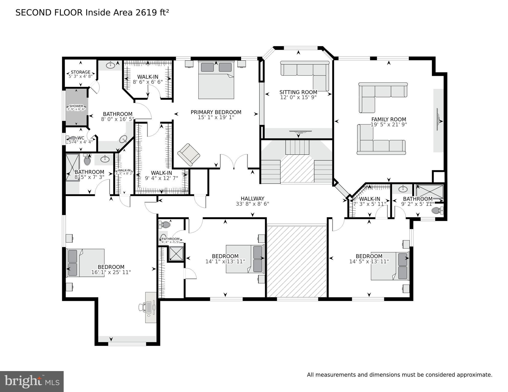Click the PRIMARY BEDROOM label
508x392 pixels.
(x=216, y=112)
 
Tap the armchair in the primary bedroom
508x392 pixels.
(x=189, y=155)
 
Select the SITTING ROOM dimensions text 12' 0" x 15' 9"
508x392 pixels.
(x=298, y=97)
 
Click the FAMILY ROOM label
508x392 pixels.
(x=389, y=119)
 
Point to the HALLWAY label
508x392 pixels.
(x=252, y=198)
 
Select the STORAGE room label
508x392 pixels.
(x=81, y=72)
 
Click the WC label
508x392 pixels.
(x=81, y=138)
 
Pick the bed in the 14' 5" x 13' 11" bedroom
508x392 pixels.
(x=389, y=266)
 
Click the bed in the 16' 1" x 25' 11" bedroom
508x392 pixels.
(x=85, y=263)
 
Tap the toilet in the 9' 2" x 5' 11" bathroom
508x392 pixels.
(x=437, y=211)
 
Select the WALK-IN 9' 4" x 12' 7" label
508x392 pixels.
(x=161, y=173)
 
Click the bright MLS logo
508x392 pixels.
(x=32, y=382)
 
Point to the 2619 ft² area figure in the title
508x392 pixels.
(x=152, y=13)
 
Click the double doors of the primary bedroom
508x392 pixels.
(x=234, y=161)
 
